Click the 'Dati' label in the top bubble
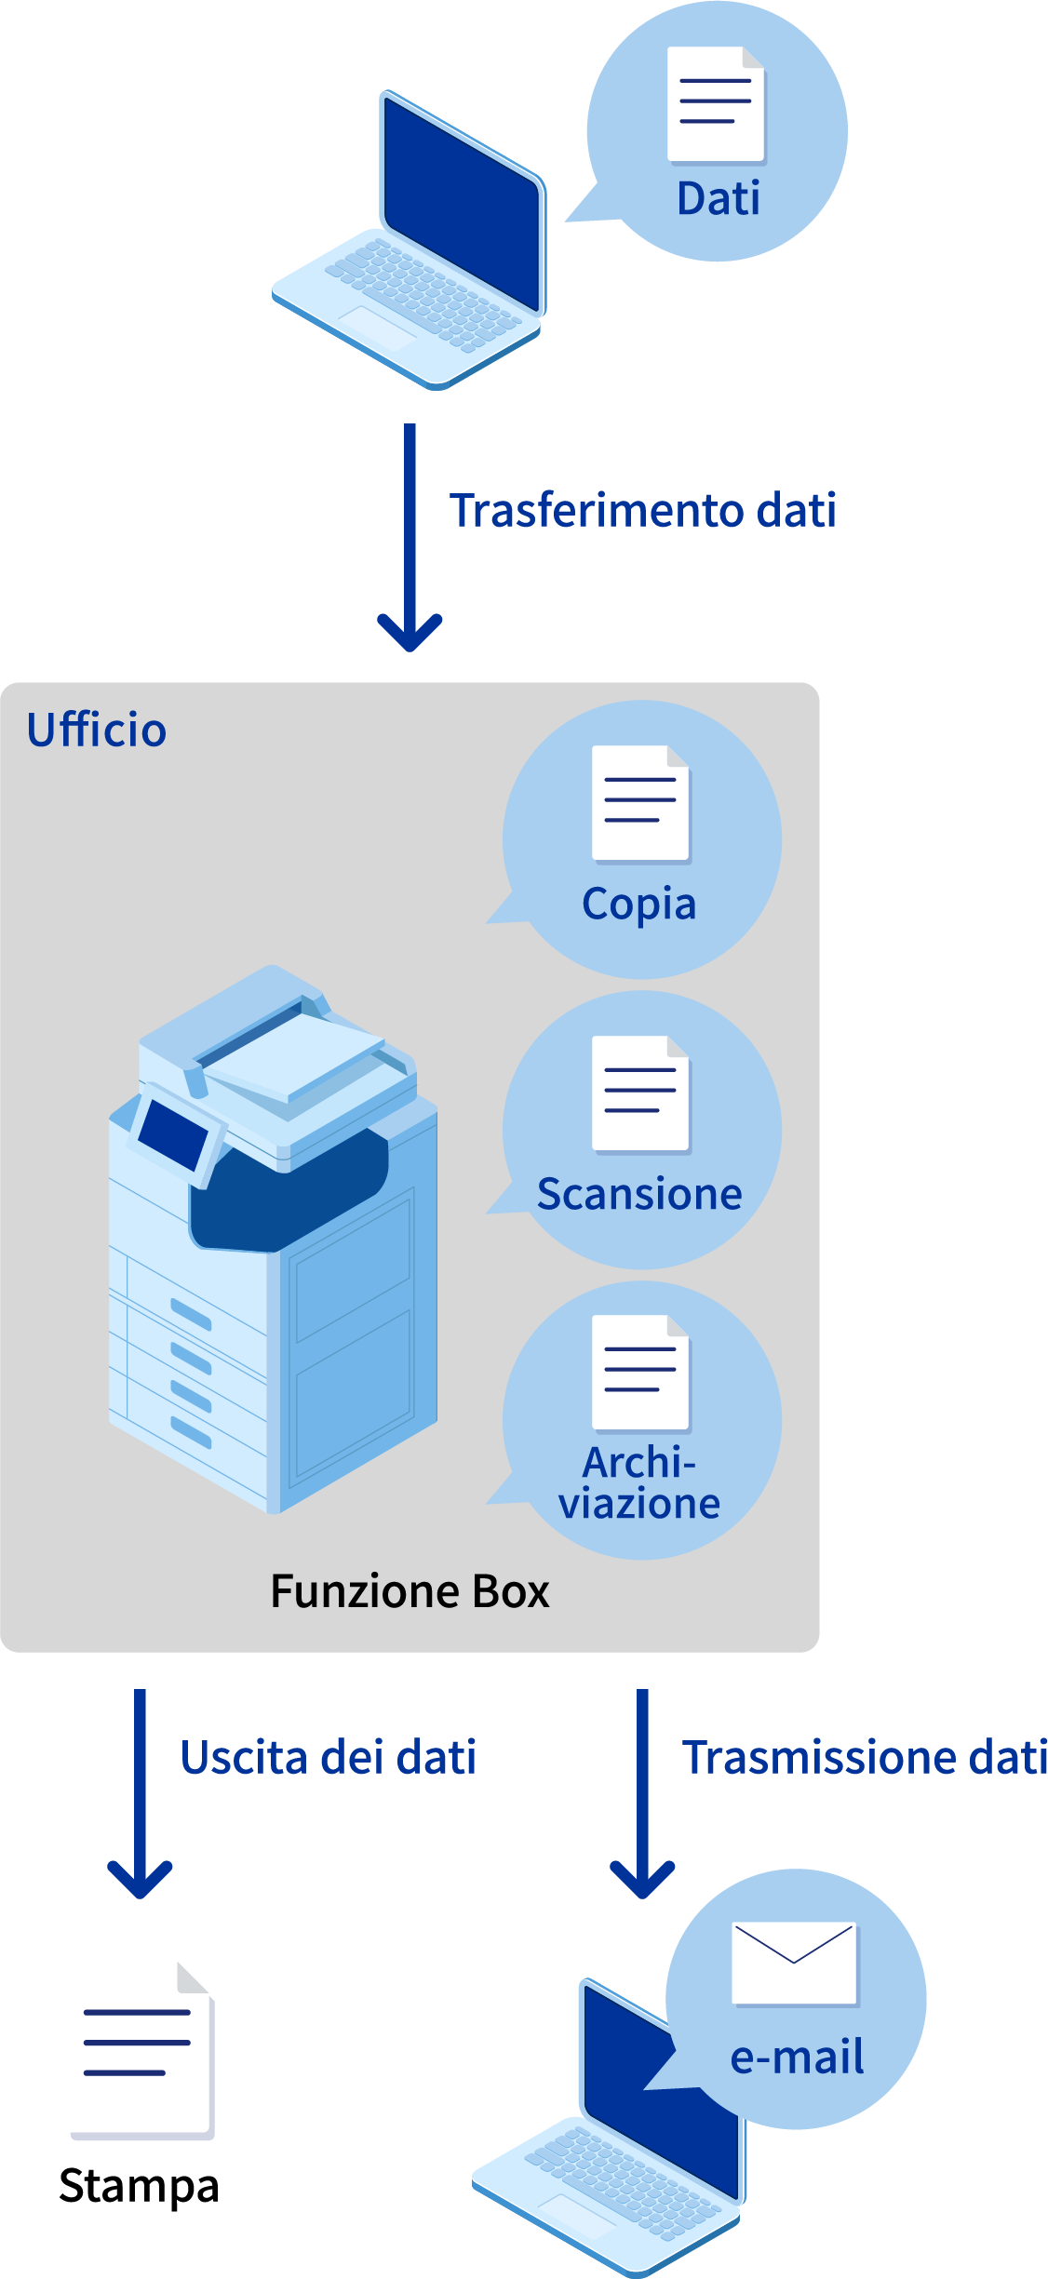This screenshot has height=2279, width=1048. coord(718,199)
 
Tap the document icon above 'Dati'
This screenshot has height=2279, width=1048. coord(716,104)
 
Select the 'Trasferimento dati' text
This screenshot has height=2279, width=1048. coord(642,511)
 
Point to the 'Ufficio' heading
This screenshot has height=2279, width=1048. coord(97,731)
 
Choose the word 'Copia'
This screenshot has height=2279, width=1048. coord(639,905)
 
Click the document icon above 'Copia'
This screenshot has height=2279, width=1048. coord(640,803)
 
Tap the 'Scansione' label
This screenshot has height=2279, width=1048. coord(639,1195)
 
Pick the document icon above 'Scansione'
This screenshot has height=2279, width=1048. coord(640,1093)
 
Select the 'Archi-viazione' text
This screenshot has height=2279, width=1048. coord(639,1483)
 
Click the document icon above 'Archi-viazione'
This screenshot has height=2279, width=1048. coord(640,1373)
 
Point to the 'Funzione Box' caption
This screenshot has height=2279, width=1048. coord(410,1591)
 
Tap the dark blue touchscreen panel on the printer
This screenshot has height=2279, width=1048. coord(173,1133)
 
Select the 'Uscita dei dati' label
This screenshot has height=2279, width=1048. coord(329,1758)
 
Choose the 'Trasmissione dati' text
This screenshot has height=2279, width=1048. coord(865,1758)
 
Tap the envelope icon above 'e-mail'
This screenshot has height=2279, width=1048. coord(794,1964)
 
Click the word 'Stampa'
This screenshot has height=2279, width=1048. coord(139,2186)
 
